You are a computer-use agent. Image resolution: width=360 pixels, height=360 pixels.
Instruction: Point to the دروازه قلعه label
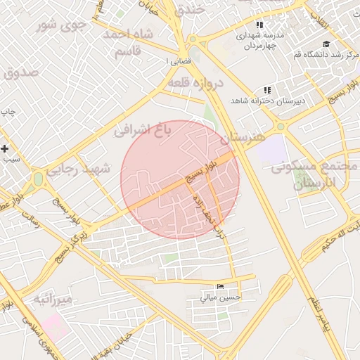195,84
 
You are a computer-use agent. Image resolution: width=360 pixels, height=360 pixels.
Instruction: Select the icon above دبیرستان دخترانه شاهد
266,90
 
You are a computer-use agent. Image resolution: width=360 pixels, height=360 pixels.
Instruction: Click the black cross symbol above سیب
5,148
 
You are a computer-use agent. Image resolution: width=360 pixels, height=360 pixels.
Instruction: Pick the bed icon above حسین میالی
221,287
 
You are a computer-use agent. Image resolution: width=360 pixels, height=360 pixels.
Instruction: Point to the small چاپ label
8,112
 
